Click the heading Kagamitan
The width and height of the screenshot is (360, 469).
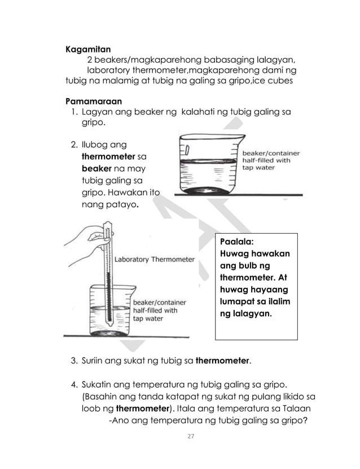(x=87, y=49)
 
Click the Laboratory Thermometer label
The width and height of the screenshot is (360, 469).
(x=155, y=260)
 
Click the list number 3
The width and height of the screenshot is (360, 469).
(x=73, y=360)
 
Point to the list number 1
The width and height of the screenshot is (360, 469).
(x=73, y=113)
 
